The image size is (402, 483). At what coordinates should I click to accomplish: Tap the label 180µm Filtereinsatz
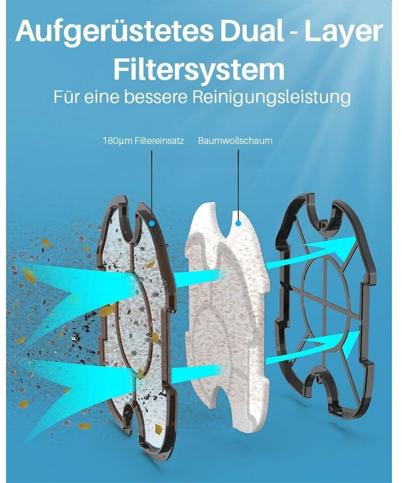[143, 141]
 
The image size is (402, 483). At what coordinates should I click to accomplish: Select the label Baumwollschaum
[235, 141]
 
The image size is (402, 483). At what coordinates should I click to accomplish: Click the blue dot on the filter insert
[151, 222]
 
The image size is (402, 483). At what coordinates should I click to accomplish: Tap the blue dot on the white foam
[238, 222]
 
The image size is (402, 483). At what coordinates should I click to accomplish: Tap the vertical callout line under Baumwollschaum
[238, 181]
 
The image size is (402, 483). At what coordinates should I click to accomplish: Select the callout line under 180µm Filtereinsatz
[151, 181]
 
